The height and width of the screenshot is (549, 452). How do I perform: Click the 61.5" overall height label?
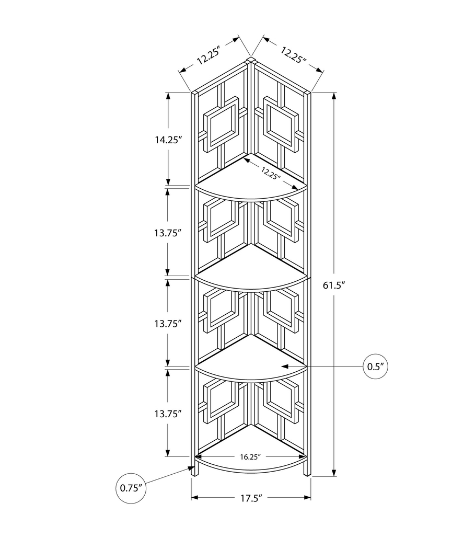coord(335,285)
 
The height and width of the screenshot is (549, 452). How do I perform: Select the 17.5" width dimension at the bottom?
coord(250,498)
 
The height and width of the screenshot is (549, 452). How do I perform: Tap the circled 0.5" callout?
coord(376,367)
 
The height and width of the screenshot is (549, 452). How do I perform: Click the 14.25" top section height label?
coord(168,140)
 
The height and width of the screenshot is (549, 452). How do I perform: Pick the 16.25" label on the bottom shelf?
coord(250,456)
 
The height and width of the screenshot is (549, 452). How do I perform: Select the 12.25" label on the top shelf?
coord(270,173)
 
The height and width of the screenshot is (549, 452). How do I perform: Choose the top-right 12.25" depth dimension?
coord(293,55)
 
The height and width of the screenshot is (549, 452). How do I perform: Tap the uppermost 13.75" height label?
coord(168,233)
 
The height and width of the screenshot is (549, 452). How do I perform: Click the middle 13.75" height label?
coord(168,323)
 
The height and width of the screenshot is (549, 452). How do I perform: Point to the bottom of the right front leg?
coord(307,475)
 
